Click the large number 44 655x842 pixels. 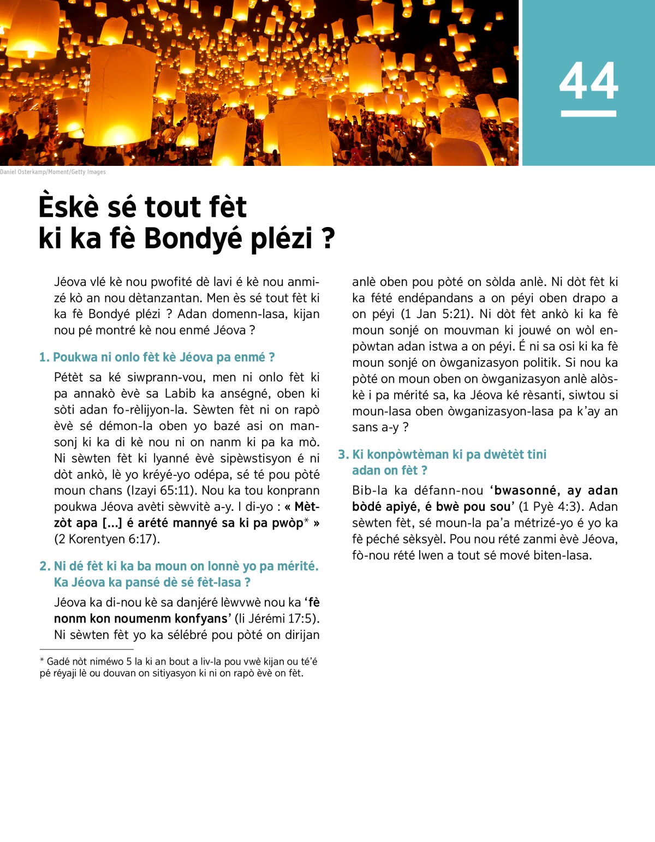click(588, 81)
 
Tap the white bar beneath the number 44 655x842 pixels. click(588, 114)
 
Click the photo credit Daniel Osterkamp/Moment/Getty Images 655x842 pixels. click(53, 172)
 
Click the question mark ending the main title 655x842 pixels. click(328, 238)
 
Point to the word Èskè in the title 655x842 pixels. click(68, 207)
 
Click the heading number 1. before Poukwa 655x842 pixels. click(44, 357)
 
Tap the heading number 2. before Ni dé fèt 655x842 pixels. click(45, 566)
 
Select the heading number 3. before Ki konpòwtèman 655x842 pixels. click(343, 455)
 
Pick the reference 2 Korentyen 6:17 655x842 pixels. click(106, 539)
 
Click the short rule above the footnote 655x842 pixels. click(86, 649)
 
